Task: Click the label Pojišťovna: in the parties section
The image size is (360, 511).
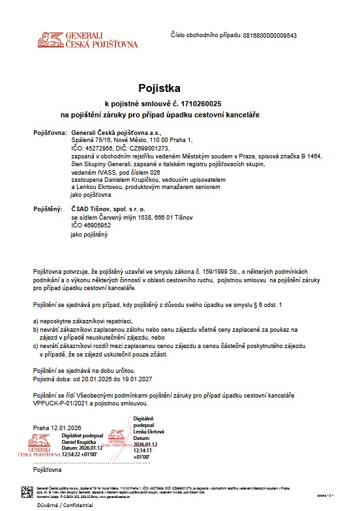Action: (x=50, y=133)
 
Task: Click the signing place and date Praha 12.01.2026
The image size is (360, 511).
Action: (x=58, y=428)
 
